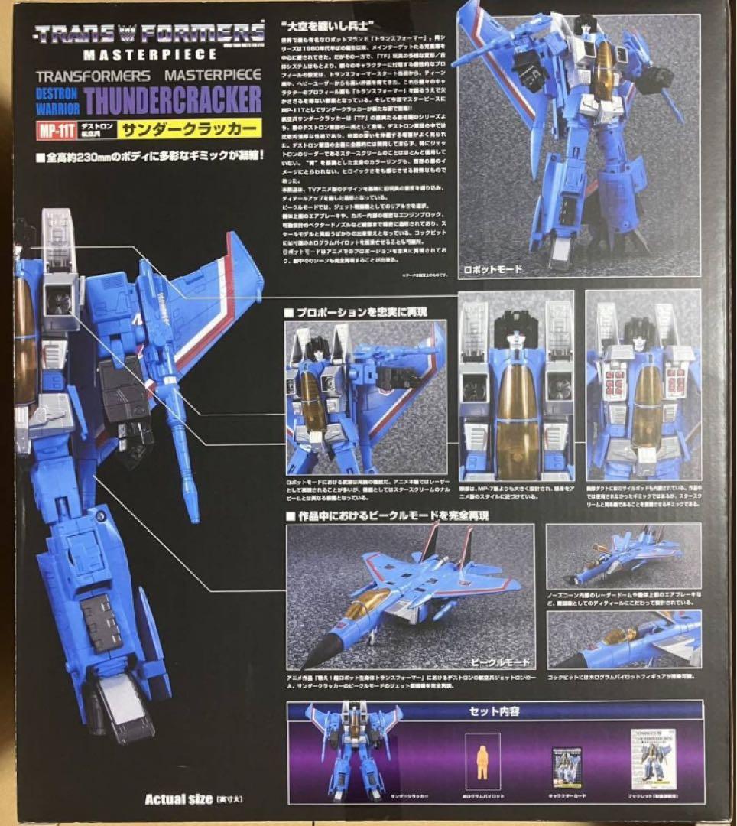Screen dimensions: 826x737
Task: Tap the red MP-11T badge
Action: (x=55, y=128)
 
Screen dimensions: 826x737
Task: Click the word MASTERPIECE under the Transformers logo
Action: (x=149, y=54)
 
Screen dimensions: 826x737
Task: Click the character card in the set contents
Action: (x=565, y=768)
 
